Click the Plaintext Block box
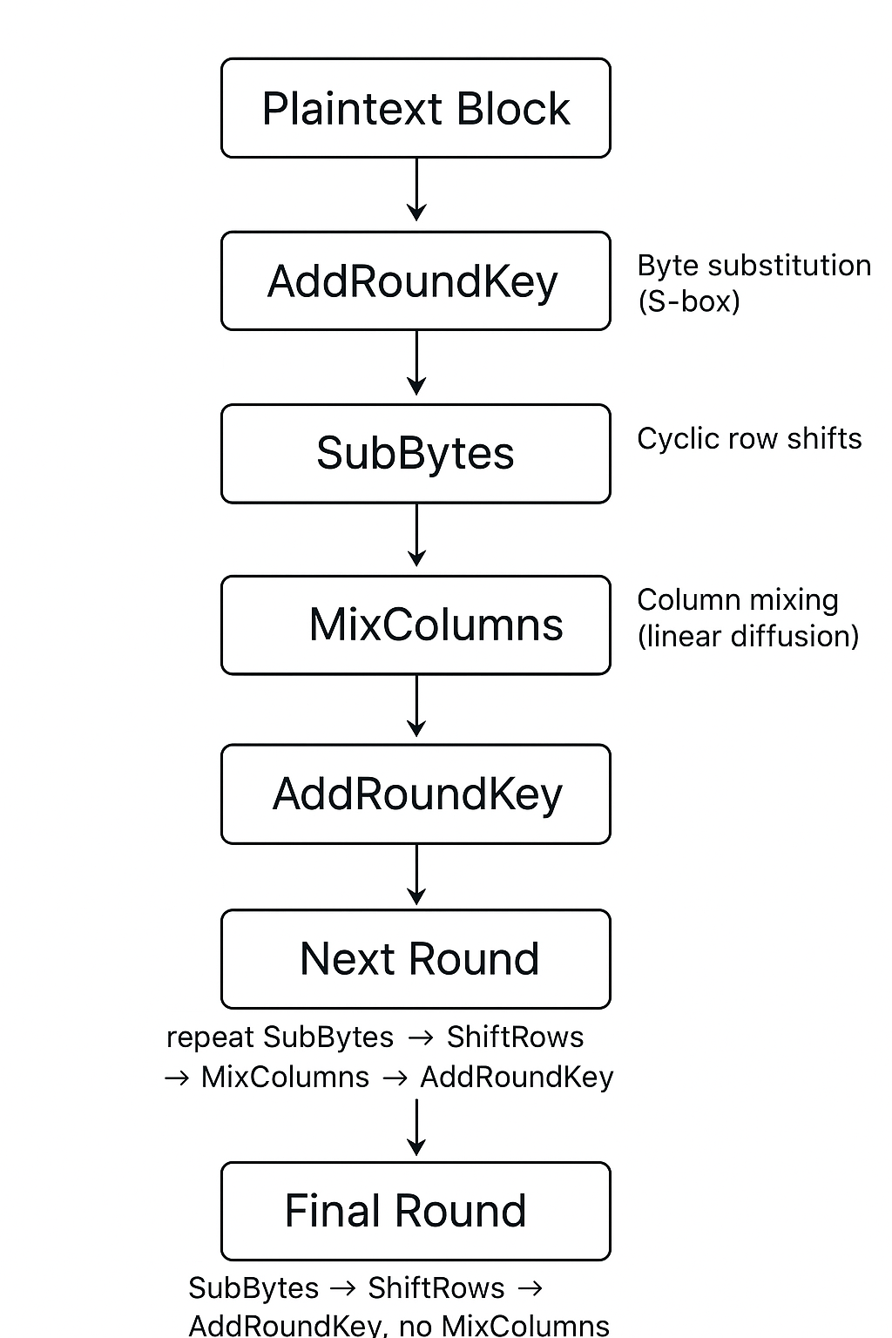coord(416,108)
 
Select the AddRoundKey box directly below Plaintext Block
coord(416,280)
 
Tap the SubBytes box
coord(416,453)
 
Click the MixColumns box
coord(416,625)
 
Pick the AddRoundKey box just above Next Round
coord(416,794)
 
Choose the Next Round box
coord(416,958)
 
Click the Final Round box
coord(416,1211)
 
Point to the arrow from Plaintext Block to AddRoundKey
coord(416,189)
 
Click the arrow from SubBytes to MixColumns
coord(416,535)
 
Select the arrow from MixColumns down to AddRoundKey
coord(416,706)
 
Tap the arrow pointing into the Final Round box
coord(416,1128)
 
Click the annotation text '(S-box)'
coord(688,301)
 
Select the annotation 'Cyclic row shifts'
coord(749,438)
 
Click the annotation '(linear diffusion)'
coord(748,636)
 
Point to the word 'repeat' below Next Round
coord(210,1037)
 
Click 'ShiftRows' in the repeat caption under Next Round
coord(515,1037)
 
